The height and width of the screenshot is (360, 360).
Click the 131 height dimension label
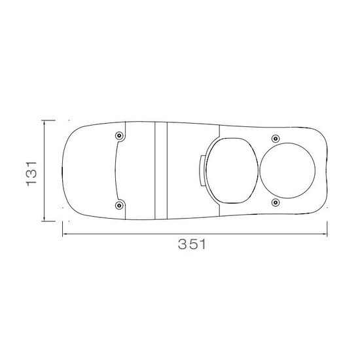[31, 174]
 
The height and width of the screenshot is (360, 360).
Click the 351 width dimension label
[192, 244]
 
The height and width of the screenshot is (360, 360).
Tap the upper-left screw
[119, 136]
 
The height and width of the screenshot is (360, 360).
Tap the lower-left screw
[119, 206]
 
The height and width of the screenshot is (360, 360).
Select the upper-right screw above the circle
[276, 139]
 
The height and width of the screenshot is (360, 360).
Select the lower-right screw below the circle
[276, 202]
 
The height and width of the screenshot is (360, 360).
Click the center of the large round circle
[287, 171]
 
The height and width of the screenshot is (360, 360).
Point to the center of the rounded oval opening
[232, 171]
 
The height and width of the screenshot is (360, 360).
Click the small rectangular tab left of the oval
[202, 171]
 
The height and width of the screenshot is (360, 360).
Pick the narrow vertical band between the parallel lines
[161, 170]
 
